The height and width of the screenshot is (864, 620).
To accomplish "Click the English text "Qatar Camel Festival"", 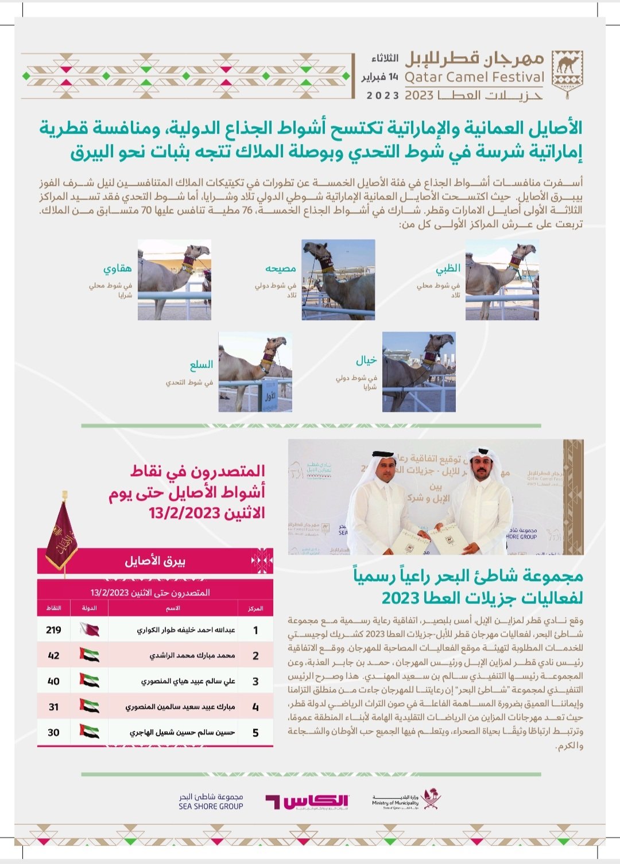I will pos(474,77).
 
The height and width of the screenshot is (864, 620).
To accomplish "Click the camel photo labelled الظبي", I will pos(502,280).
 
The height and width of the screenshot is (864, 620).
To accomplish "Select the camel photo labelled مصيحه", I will pos(338,280).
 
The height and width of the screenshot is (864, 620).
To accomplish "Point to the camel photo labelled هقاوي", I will pos(175,280).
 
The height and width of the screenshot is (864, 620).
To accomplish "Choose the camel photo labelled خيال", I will pos(419,372).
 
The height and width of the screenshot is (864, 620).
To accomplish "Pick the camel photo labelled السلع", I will pos(255,372).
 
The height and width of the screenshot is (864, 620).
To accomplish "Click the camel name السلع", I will pos(201,365).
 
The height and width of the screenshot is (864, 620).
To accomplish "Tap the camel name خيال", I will pos(366,360).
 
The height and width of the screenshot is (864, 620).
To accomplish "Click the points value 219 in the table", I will pos(53,630).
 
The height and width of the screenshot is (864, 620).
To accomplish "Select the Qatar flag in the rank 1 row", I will pos(90,630).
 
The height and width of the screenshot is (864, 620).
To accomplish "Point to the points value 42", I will pos(53,656).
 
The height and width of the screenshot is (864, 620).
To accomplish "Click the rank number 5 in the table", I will pos(255,733).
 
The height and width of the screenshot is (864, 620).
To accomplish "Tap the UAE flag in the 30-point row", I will pos(90,733).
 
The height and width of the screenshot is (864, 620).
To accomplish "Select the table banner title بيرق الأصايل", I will pos(155,561).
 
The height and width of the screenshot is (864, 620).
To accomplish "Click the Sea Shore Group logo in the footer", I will pos(211,801).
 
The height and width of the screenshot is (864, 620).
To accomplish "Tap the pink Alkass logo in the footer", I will pos(307,801).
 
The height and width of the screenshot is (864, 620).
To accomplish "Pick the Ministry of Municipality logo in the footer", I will pos(405,800).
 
